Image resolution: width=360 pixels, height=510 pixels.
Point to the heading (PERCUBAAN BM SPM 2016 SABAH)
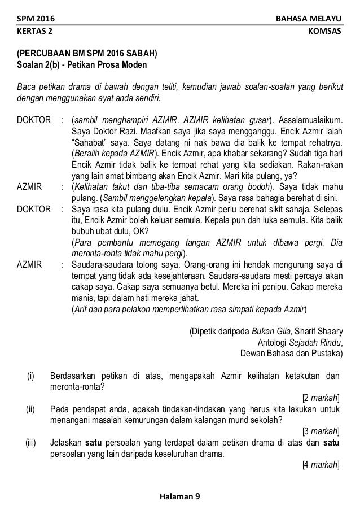[x=87, y=55]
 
